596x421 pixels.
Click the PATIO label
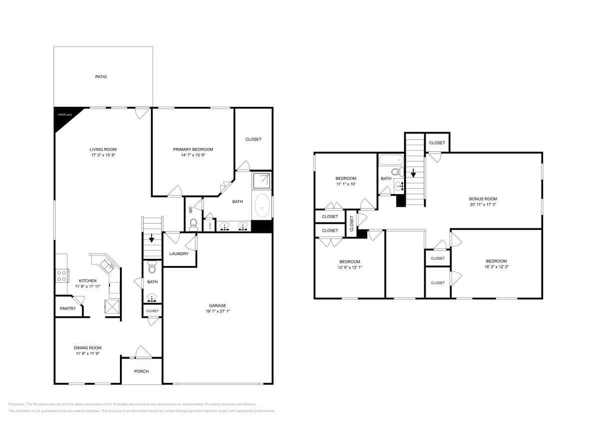[x=101, y=77]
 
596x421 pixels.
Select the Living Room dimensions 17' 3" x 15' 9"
[x=103, y=156]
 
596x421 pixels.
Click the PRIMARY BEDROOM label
[x=193, y=149]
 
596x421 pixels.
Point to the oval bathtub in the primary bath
[x=262, y=207]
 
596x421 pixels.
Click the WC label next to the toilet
[x=191, y=210]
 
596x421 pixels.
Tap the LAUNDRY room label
[x=179, y=253]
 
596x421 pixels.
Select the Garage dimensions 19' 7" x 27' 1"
[x=217, y=312]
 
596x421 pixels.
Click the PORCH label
[x=141, y=371]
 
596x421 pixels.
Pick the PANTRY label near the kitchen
[x=67, y=308]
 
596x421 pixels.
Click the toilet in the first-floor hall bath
[x=153, y=269]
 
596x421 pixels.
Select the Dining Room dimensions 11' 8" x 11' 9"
[x=87, y=354]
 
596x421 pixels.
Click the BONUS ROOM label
[x=483, y=199]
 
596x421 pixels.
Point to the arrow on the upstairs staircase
[x=414, y=174]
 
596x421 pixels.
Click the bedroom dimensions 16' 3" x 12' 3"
[x=496, y=267]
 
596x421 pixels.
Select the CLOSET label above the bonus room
[x=437, y=143]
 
